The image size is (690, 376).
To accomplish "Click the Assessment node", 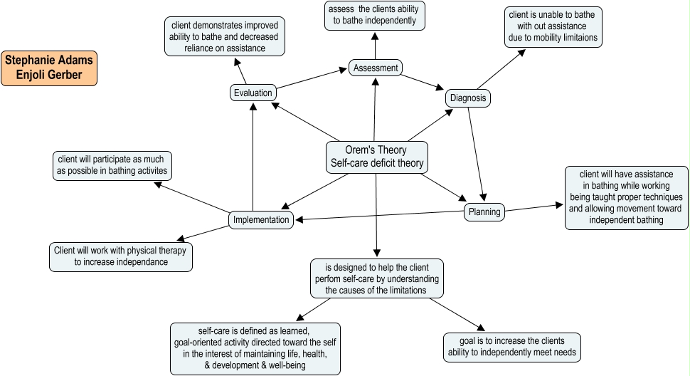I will click(x=376, y=68).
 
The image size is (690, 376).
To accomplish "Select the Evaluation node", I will click(x=253, y=93).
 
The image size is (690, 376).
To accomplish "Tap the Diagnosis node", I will click(x=468, y=98).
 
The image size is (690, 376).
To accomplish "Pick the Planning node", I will click(x=484, y=211).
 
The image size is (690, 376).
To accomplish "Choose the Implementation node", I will click(x=262, y=220).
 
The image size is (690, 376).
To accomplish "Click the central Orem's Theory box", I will click(x=377, y=157).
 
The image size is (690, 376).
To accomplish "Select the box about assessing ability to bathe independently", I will click(x=375, y=16).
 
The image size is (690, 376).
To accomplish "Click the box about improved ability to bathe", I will click(x=225, y=37).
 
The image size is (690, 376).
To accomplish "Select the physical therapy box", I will click(x=122, y=256).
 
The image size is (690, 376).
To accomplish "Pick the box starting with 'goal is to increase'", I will click(x=512, y=346).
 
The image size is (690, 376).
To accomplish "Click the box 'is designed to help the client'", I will click(x=377, y=278).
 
